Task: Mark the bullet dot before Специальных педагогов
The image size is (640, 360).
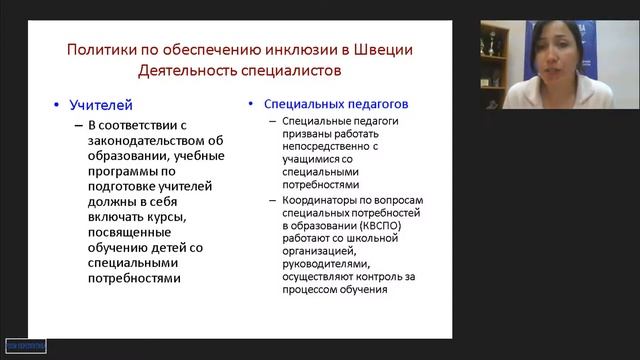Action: [x=251, y=103]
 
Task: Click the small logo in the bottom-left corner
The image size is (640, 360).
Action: [x=24, y=346]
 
